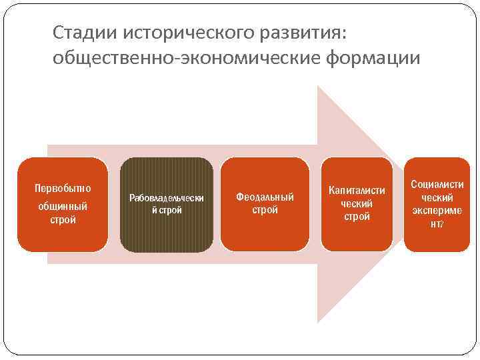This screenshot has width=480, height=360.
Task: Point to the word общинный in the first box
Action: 63,206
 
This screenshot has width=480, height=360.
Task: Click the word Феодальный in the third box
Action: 265,197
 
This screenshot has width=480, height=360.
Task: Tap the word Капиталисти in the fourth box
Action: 357,191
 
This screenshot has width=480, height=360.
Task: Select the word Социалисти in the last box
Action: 437,183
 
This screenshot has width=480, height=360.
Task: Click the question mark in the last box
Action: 441,225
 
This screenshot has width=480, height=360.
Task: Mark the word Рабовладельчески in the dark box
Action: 167,198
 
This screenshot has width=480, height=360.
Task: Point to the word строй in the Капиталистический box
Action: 357,217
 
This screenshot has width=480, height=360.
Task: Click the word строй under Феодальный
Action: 265,210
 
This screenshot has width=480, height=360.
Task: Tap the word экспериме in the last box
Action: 437,211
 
